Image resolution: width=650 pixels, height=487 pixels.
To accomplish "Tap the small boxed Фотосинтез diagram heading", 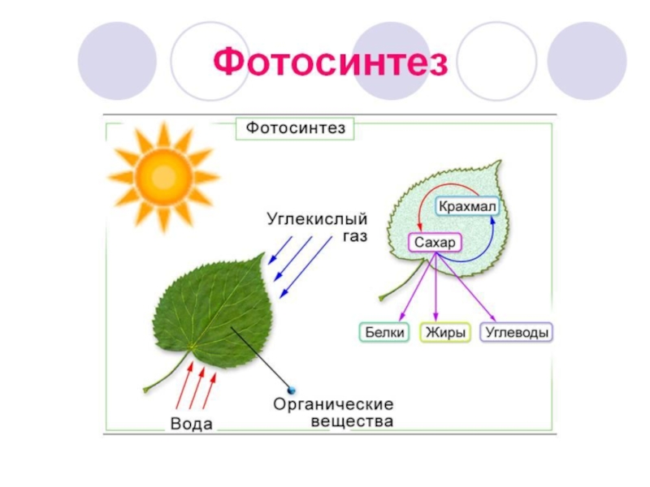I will [x=296, y=128].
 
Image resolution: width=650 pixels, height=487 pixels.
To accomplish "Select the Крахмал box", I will [x=467, y=207].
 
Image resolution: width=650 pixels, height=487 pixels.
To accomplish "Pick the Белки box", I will [x=383, y=333].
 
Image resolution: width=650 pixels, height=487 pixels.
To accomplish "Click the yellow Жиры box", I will [x=444, y=333].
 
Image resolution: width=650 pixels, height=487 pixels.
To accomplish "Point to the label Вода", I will [x=192, y=424].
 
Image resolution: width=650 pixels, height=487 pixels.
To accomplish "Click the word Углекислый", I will [x=318, y=220].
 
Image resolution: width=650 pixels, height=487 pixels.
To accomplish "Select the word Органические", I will [x=333, y=403].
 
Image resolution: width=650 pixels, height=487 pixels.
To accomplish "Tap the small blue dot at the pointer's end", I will [x=291, y=390].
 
